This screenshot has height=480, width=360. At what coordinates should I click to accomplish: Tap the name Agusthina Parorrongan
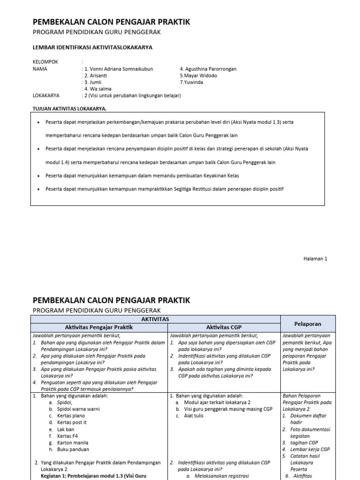coord(208,69)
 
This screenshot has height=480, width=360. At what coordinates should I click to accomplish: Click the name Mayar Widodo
coord(198,75)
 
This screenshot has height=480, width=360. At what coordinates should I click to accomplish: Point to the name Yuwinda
coord(192,82)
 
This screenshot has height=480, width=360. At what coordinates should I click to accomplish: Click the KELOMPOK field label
coord(45,62)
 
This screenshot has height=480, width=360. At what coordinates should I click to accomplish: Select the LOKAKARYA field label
coord(46,95)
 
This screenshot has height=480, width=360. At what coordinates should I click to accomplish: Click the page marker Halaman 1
coord(315,259)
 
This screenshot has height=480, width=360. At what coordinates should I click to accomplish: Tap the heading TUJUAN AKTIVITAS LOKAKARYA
coord(69,109)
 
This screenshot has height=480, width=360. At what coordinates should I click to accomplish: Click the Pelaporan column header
coord(307,323)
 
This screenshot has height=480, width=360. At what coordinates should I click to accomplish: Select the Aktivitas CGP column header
coord(224,327)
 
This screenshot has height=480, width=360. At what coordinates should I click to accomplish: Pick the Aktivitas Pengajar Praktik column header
coord(99,327)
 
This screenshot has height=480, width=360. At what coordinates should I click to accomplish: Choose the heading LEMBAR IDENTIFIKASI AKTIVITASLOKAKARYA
coord(92,47)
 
